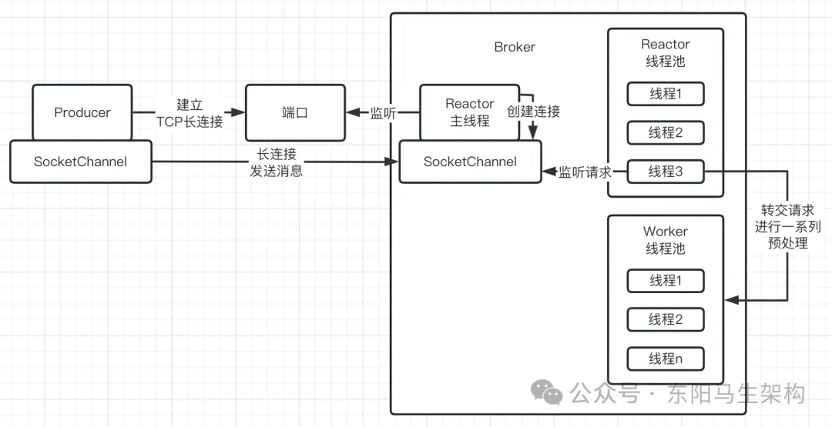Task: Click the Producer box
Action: click(82, 112)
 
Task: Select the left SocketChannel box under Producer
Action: click(80, 162)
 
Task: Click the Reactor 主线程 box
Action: click(469, 112)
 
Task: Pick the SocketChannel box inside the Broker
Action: click(470, 162)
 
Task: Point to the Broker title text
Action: click(515, 47)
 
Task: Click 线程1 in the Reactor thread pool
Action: click(666, 94)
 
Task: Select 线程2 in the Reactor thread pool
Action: click(666, 132)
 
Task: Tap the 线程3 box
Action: click(666, 172)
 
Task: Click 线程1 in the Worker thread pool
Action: click(666, 281)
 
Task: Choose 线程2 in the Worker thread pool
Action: click(666, 319)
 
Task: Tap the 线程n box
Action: click(666, 359)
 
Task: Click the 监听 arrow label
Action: click(384, 113)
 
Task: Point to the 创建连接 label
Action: click(533, 112)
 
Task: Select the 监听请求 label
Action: click(585, 172)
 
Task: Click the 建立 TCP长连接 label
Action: click(189, 113)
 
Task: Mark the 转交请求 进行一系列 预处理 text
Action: click(787, 226)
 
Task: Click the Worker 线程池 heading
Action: click(666, 240)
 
